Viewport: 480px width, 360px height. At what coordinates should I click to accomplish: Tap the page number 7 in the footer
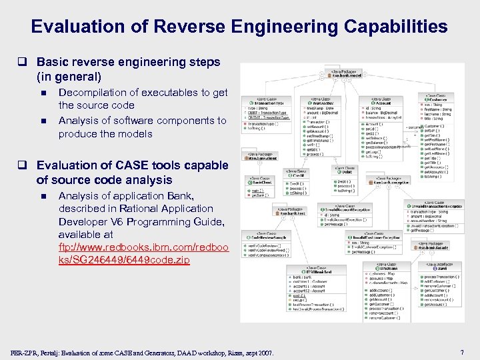click(x=461, y=351)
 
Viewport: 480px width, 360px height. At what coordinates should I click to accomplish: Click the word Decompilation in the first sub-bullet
click(x=93, y=93)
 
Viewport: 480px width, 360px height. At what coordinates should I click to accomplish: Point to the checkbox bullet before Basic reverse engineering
click(x=29, y=62)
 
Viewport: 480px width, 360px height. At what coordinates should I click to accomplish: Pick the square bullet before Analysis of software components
click(x=43, y=121)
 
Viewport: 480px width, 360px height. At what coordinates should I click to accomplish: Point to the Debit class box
click(x=345, y=171)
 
